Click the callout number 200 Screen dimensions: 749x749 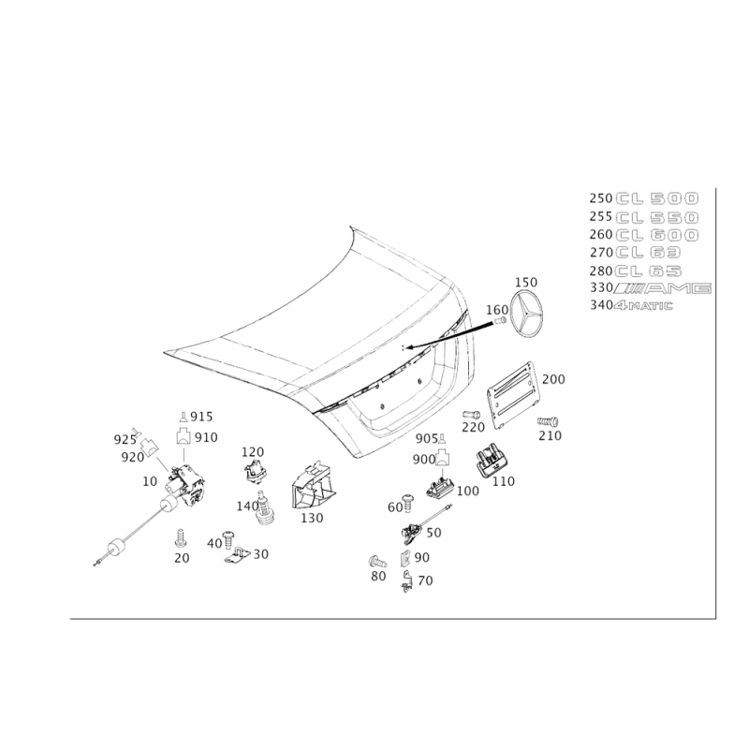point(554,379)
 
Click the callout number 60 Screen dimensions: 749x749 point(394,507)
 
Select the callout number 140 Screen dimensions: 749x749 point(246,507)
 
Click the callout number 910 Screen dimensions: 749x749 point(205,437)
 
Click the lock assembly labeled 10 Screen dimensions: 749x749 point(184,483)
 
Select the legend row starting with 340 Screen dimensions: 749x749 point(632,304)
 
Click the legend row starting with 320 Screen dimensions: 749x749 point(646,289)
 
